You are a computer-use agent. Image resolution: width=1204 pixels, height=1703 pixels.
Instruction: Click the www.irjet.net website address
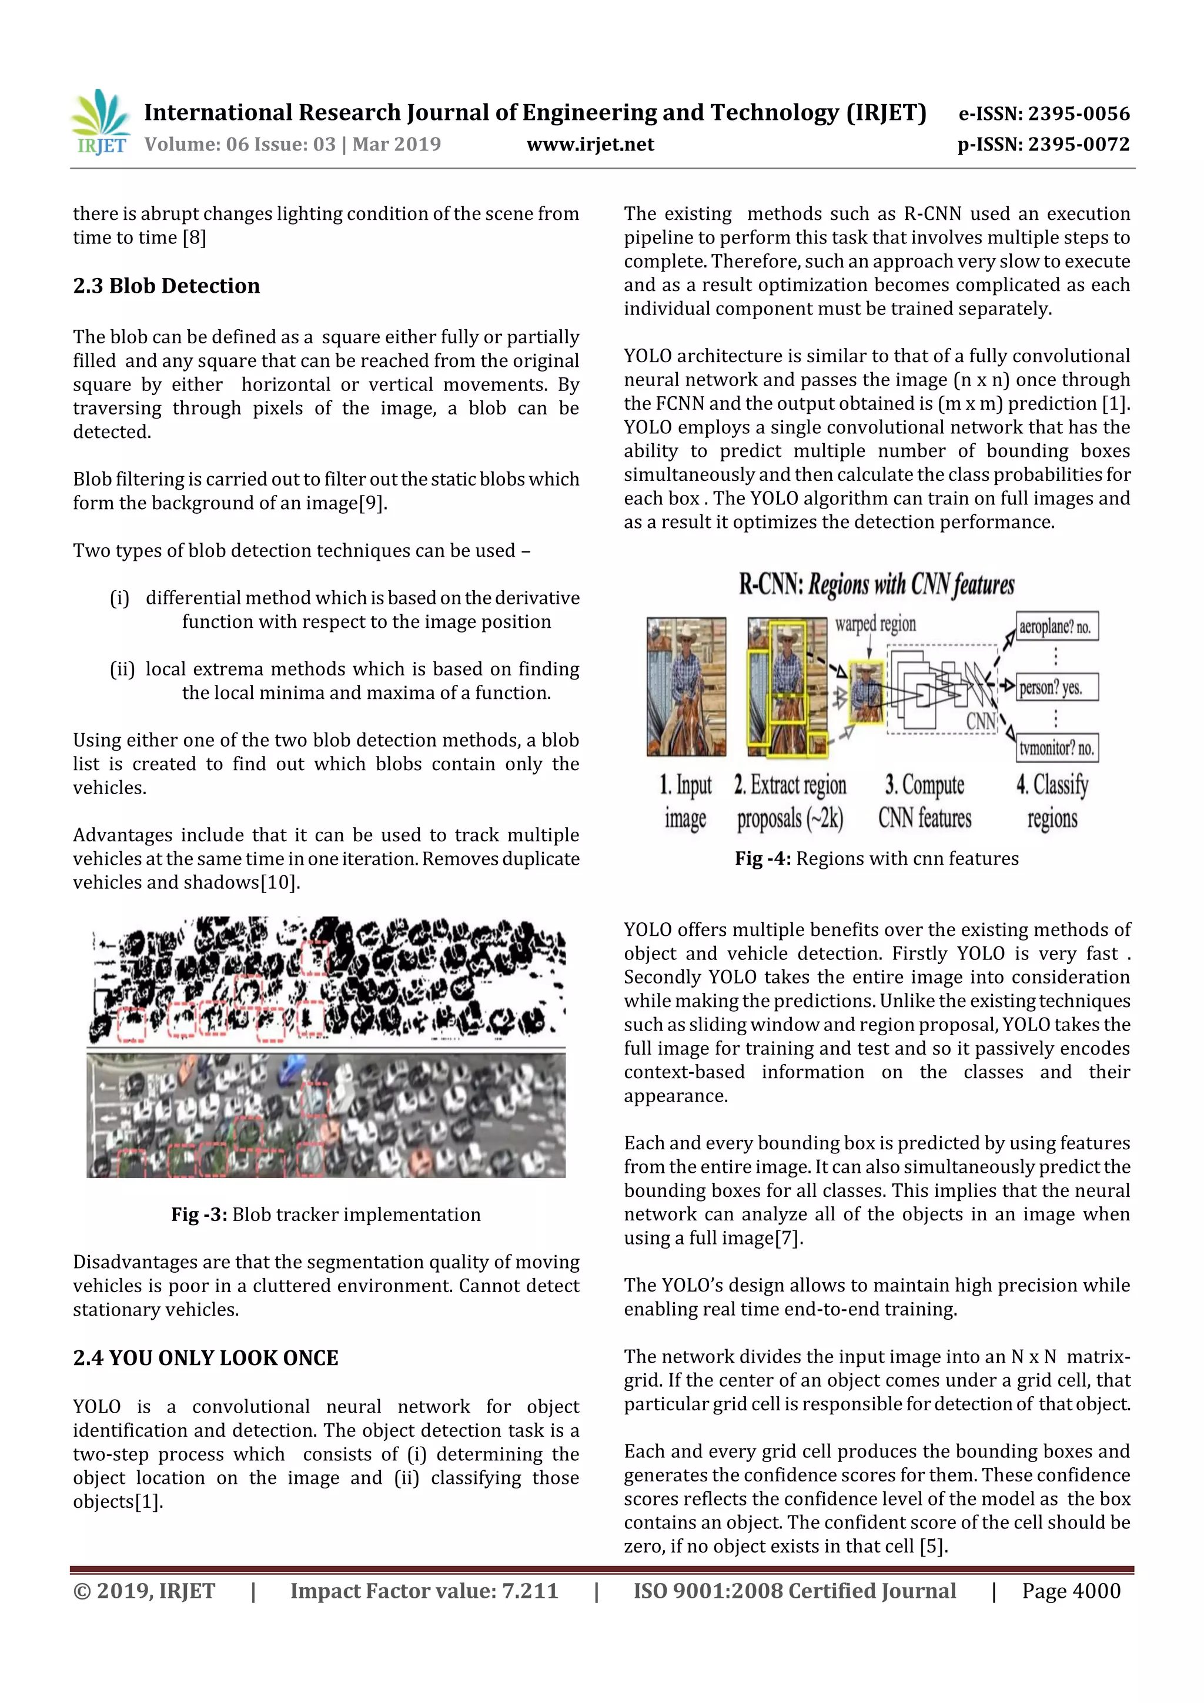[590, 145]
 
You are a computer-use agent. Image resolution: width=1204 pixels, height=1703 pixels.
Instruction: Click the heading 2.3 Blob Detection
[166, 286]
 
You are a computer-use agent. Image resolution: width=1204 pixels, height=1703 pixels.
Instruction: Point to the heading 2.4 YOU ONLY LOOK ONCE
[206, 1358]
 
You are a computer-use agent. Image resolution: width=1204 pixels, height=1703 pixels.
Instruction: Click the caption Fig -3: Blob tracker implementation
[326, 1214]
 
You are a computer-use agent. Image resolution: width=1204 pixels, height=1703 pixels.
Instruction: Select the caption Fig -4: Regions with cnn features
[876, 859]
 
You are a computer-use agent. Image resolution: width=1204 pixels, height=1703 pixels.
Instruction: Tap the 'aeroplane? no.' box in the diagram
[1056, 627]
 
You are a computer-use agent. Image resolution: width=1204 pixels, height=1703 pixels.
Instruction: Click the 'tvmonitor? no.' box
[1056, 748]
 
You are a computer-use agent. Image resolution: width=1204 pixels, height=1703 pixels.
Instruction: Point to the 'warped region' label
[875, 624]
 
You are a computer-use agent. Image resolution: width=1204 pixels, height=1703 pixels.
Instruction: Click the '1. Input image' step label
[685, 802]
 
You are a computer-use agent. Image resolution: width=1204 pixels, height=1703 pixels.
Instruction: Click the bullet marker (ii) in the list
[122, 670]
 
